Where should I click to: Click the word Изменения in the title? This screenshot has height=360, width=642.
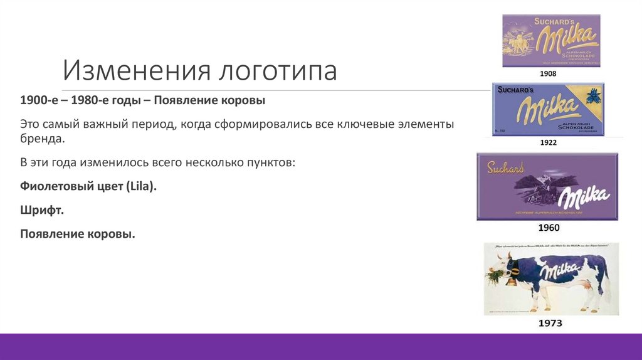tap(134, 71)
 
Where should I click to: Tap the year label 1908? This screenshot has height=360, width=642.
tap(548, 74)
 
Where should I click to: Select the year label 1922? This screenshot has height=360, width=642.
tap(548, 143)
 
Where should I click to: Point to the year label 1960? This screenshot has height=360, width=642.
tap(549, 228)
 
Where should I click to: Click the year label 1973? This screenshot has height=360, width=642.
tap(550, 324)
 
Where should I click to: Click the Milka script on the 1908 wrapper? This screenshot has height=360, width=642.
tap(564, 40)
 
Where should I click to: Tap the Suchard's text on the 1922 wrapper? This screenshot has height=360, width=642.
tap(515, 90)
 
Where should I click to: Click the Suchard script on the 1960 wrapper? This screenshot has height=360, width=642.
tap(505, 167)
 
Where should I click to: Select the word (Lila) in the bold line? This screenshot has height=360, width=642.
tap(141, 186)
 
